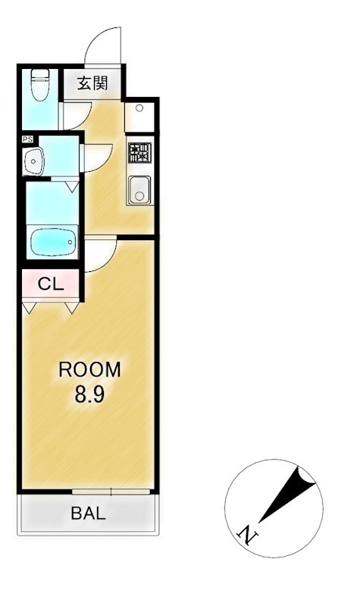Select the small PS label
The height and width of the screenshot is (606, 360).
(27, 139)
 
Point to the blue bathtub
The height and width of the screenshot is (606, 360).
(52, 242)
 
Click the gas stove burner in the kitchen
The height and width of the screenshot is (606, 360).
(139, 153)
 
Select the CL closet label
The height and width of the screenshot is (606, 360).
(50, 285)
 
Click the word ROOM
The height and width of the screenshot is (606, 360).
(89, 370)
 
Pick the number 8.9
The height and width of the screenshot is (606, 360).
(89, 395)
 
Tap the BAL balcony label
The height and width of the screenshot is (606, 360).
(89, 513)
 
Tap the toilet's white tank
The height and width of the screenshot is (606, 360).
(39, 75)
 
